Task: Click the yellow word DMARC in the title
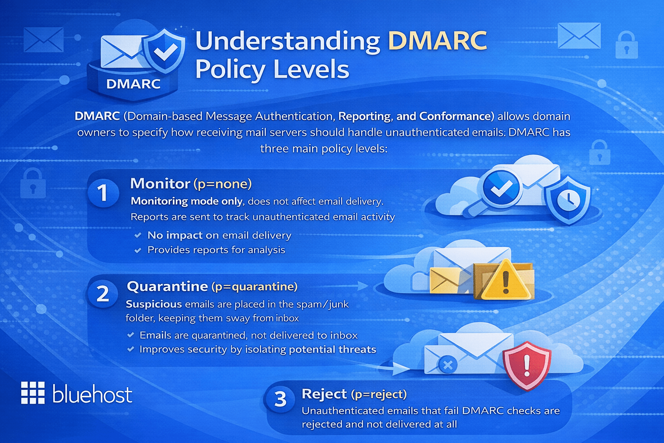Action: click(x=437, y=41)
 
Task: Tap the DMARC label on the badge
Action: click(x=133, y=83)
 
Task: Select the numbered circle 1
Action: click(x=103, y=193)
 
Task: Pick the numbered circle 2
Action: click(x=102, y=294)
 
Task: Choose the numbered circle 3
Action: click(x=281, y=399)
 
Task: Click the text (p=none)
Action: click(x=222, y=184)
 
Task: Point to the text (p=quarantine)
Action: click(x=254, y=286)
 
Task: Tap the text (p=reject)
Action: click(x=379, y=394)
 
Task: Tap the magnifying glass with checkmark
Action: click(x=501, y=189)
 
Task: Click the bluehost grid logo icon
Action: click(x=33, y=393)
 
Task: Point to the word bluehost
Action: click(x=92, y=394)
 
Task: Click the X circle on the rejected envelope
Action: click(x=448, y=365)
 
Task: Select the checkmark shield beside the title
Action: click(x=164, y=51)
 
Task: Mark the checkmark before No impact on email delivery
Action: click(x=138, y=235)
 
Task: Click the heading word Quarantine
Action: click(x=167, y=286)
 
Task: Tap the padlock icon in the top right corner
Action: click(x=626, y=45)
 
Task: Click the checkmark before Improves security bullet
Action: click(x=131, y=349)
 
